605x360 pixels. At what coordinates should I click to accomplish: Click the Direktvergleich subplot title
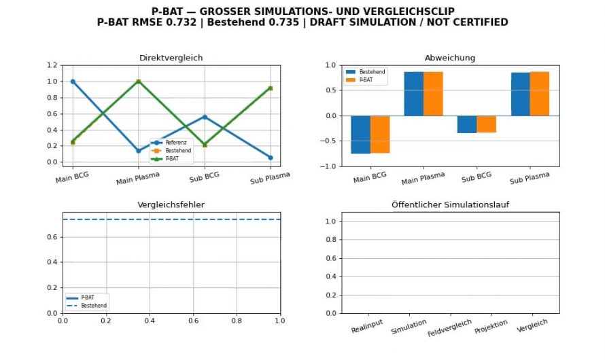tap(171, 58)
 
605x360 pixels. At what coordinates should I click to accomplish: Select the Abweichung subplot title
tap(450, 58)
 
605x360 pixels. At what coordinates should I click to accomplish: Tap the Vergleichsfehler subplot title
tap(171, 204)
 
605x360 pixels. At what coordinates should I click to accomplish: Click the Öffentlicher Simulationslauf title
tap(450, 204)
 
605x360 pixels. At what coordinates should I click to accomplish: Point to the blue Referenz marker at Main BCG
tap(73, 82)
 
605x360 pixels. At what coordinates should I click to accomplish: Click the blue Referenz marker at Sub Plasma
tap(271, 158)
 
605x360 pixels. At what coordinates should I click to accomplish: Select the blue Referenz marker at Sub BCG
tap(205, 117)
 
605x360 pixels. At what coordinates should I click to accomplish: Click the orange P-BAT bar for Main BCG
tap(380, 134)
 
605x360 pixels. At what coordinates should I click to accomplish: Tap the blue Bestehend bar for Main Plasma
tap(413, 94)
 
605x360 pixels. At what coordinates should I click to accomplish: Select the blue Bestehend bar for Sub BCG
tap(467, 124)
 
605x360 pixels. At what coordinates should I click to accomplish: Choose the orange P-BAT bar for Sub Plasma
tap(540, 94)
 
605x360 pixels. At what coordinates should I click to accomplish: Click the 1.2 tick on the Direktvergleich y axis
tap(52, 65)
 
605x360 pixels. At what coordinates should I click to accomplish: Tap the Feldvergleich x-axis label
tap(449, 327)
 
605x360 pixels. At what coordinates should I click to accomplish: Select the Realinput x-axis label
tap(367, 326)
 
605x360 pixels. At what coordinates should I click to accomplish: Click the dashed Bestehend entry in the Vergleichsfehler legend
tap(87, 306)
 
